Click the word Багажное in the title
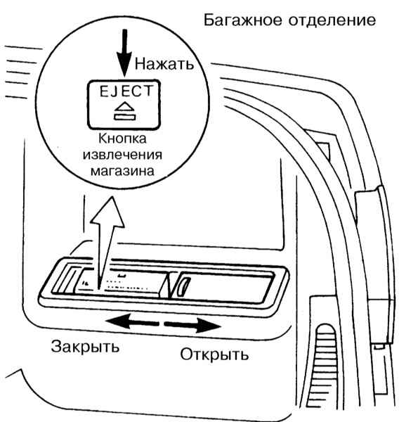click(243, 20)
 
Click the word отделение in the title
click(332, 20)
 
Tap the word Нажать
click(164, 64)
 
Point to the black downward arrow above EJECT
click(124, 53)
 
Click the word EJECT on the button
click(126, 91)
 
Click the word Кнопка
click(123, 139)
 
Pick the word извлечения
click(122, 155)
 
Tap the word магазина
click(122, 171)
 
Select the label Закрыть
click(85, 347)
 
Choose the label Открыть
click(214, 354)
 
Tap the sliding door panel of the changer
click(223, 287)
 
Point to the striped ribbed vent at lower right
click(326, 369)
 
